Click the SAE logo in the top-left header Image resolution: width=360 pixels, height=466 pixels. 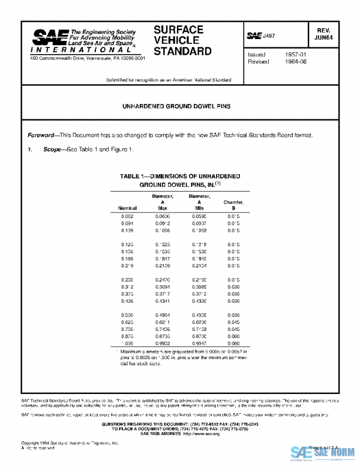(50, 37)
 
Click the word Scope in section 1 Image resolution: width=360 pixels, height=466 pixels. (52, 148)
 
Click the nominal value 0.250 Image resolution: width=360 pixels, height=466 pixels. (127, 279)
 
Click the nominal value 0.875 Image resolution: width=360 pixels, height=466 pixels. (127, 350)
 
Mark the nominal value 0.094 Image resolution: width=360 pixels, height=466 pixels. (127, 223)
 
